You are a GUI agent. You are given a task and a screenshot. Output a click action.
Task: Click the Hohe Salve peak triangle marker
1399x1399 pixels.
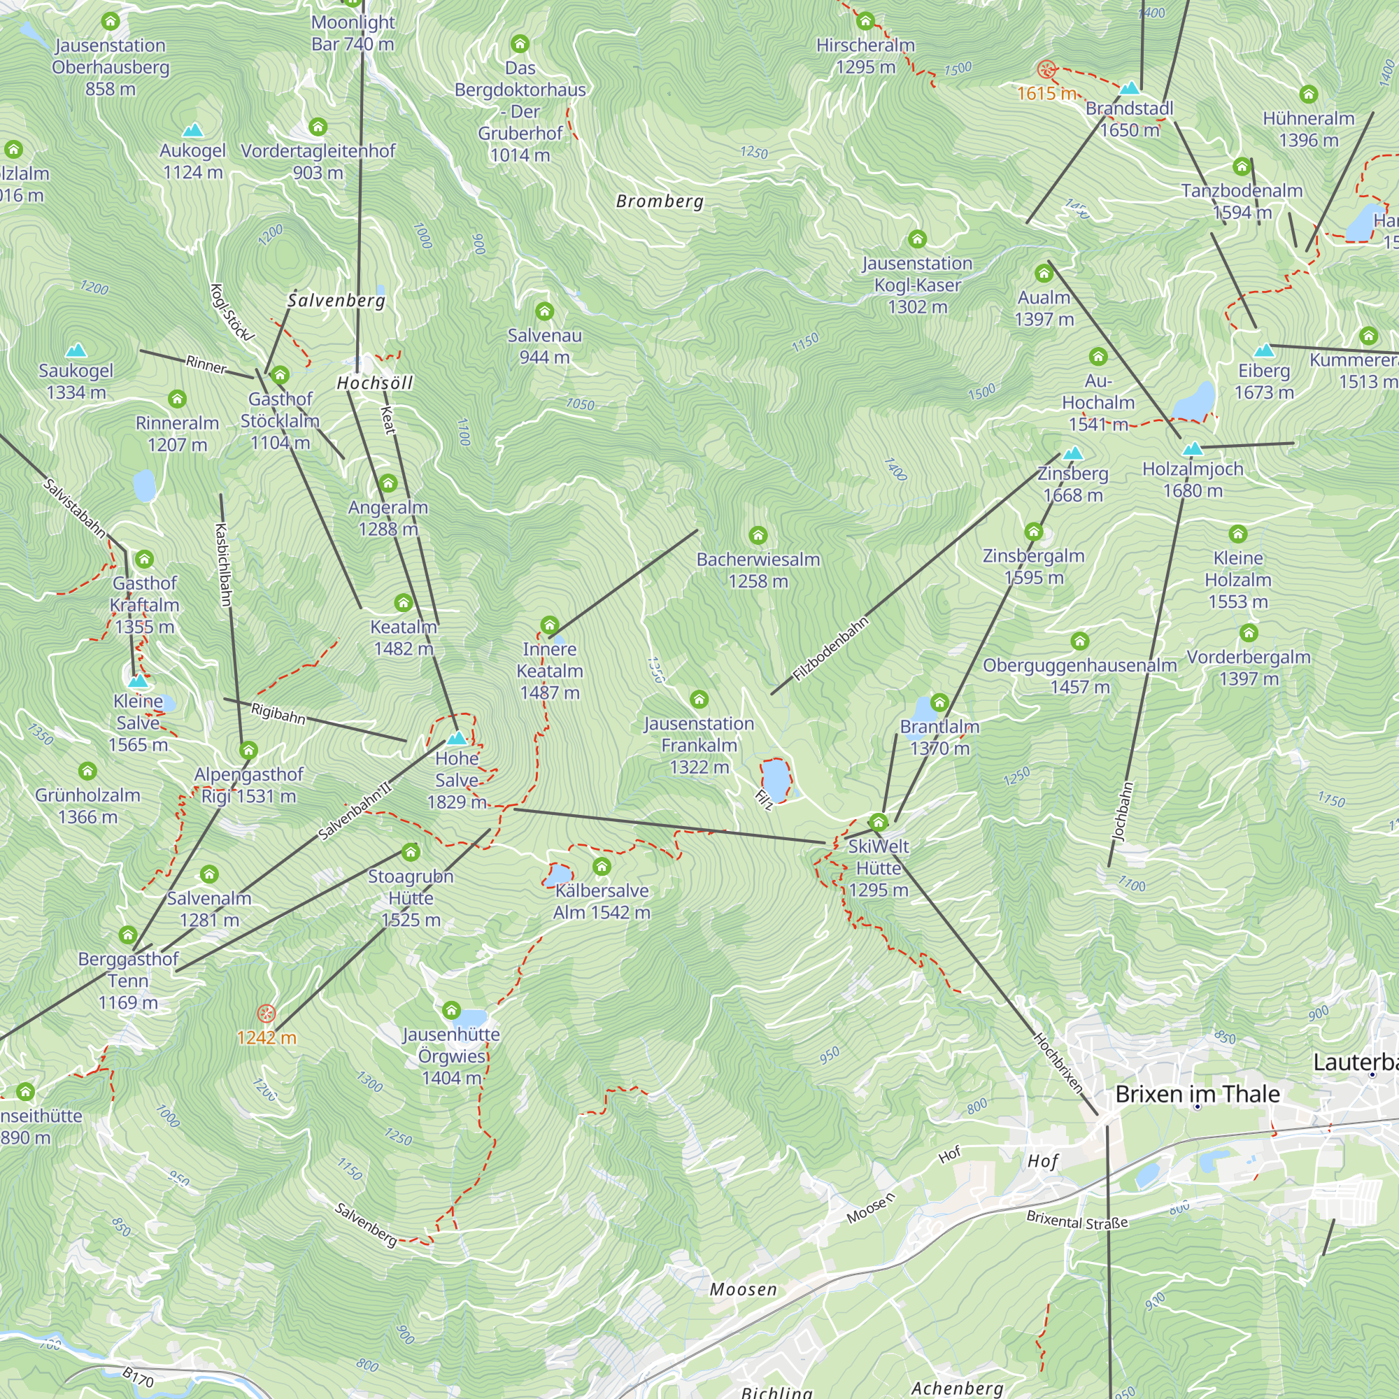457,739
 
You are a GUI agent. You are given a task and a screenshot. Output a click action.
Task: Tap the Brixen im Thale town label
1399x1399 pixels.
1197,1093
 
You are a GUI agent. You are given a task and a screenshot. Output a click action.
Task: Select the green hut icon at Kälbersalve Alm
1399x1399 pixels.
602,866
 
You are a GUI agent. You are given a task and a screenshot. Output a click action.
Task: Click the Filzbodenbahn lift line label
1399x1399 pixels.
830,649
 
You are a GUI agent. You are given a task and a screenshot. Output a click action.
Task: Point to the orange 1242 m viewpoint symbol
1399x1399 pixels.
267,1013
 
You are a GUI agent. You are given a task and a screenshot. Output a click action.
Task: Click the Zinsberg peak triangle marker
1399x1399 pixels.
1073,453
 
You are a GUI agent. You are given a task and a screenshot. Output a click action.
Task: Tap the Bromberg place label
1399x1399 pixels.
660,201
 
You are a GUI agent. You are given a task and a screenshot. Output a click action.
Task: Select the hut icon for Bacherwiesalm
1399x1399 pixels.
758,535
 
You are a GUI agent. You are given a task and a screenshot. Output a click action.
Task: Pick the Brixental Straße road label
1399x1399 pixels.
1077,1221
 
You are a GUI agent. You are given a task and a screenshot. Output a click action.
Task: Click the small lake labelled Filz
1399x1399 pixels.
776,779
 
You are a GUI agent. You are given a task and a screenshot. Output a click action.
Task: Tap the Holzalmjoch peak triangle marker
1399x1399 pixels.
1193,449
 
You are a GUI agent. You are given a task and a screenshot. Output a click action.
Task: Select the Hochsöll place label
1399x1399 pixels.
374,383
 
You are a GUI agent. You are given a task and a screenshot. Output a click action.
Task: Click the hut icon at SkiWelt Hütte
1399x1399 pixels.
879,822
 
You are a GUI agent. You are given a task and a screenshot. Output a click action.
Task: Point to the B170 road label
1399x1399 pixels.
138,1377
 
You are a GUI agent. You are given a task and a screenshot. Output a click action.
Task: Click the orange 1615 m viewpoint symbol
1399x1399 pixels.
1046,69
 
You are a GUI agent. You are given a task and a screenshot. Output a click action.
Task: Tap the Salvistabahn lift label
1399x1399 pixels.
75,508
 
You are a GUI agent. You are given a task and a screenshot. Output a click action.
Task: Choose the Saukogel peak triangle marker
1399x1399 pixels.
76,351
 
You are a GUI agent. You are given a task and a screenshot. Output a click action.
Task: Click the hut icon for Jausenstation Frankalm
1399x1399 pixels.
699,699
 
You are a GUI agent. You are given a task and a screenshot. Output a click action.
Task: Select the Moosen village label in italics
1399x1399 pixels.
743,1290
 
